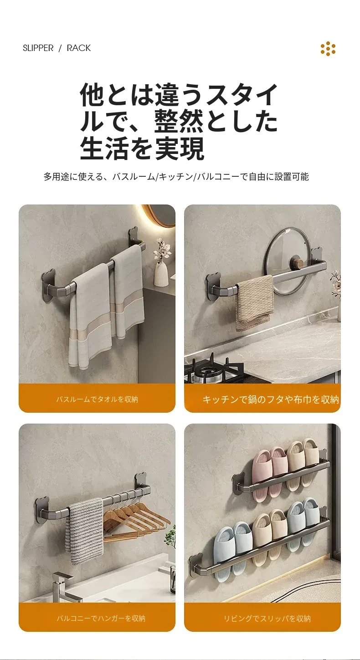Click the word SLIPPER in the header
38,48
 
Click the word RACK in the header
79,48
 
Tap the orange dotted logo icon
328,49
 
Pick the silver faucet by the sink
63,586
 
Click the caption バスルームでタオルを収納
97,399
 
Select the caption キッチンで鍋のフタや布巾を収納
271,399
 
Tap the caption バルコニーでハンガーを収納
101,619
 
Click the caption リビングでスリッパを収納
267,619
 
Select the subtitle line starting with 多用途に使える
176,176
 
